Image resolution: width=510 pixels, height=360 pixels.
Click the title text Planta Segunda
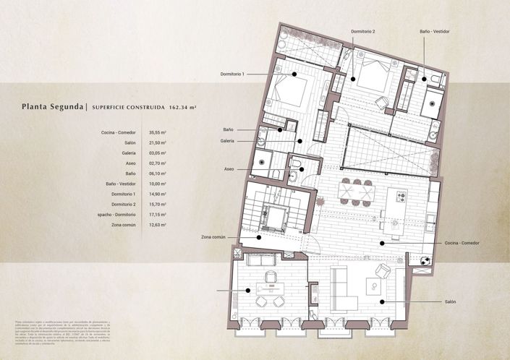pos(52,107)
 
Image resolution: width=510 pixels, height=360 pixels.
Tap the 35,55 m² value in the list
pos(158,133)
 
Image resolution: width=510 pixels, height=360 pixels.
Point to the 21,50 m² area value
pos(158,143)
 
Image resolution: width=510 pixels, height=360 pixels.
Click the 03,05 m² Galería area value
pos(158,153)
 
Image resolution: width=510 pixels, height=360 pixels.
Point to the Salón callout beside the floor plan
pos(445,301)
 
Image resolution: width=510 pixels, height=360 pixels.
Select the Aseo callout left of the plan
pos(229,169)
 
